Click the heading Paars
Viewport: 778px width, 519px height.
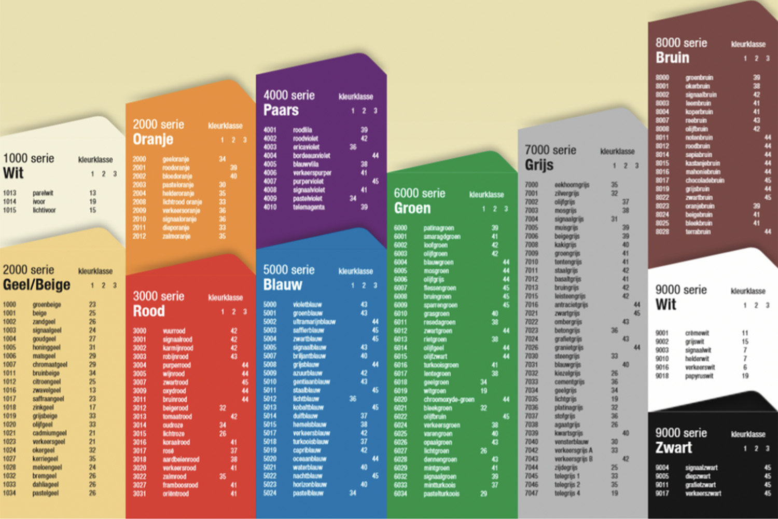pos(281,110)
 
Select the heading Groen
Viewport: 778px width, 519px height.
pos(412,208)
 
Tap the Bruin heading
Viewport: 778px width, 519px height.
pos(673,58)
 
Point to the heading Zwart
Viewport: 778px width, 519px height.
pos(674,447)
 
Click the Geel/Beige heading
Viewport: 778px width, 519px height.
pos(37,284)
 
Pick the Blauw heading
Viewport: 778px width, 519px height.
pos(283,284)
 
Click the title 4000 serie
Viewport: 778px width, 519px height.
pos(289,95)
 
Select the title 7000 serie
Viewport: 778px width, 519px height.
pos(550,150)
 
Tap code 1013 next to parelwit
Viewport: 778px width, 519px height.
pos(9,193)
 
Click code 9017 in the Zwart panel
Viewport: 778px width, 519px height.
pos(662,493)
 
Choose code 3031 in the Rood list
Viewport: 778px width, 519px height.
pos(140,493)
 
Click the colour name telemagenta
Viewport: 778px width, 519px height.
pos(309,207)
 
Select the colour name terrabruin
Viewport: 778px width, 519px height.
pos(698,231)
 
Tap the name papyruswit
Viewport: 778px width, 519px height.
pos(699,376)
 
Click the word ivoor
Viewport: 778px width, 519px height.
pos(39,201)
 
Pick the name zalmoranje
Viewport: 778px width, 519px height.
pos(176,236)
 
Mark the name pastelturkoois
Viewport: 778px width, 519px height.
pos(441,494)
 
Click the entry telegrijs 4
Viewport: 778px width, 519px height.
pos(567,493)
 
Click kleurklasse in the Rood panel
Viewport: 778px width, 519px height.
pos(226,297)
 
